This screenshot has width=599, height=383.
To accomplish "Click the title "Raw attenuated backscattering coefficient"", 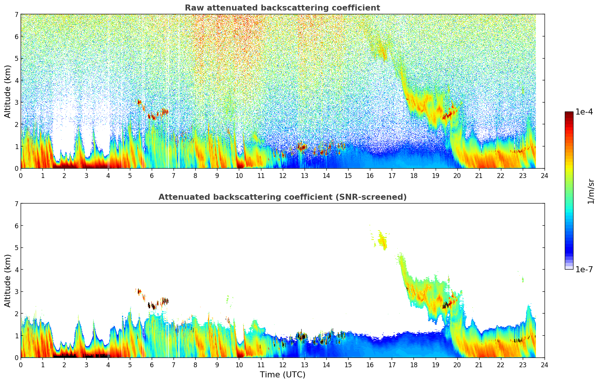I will (282, 8).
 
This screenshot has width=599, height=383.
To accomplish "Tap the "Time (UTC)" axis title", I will (282, 375).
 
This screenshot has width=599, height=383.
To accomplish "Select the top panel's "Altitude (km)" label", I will (8, 91).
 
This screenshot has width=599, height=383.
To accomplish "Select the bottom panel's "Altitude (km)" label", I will (8, 280).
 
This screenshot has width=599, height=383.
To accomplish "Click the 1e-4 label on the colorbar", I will (584, 112).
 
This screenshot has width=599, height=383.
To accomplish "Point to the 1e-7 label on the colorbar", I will (584, 269).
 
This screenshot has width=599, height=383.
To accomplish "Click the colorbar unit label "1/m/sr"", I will (591, 191).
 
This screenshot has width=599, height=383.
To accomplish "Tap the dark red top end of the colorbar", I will (569, 113).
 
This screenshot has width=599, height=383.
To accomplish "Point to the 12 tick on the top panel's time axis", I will (282, 176).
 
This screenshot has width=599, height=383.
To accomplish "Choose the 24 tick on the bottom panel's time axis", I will (544, 365).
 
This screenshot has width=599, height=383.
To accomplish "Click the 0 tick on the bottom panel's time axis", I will (21, 365).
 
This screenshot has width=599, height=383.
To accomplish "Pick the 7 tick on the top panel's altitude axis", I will (16, 15).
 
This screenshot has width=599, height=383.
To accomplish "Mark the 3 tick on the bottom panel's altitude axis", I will (16, 292).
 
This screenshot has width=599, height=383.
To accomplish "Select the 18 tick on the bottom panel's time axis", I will (413, 365).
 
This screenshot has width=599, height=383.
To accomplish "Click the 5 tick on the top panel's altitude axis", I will (16, 59).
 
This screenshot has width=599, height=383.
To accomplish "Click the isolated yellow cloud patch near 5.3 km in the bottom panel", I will (383, 241).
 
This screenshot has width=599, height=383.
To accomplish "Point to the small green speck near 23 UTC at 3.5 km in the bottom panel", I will (523, 279).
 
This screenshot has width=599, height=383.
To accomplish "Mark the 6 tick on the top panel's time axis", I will (152, 176).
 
